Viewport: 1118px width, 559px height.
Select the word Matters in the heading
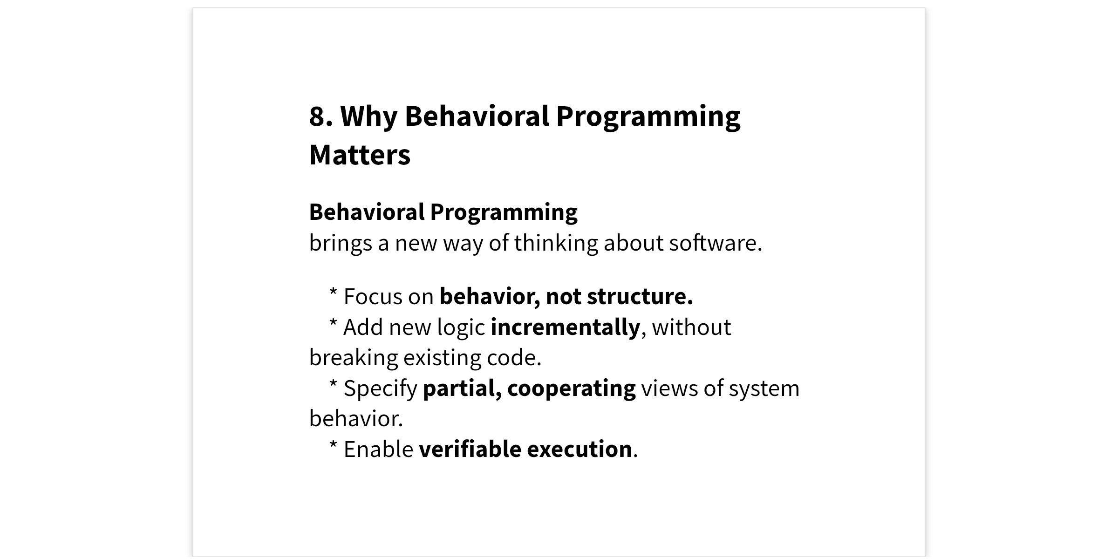click(x=360, y=155)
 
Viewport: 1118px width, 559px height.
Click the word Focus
click(x=373, y=297)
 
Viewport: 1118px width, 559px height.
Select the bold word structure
click(x=640, y=297)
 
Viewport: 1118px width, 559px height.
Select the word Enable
click(x=378, y=450)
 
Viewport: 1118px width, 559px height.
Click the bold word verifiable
click(x=470, y=450)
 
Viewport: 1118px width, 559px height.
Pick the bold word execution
click(x=579, y=450)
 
